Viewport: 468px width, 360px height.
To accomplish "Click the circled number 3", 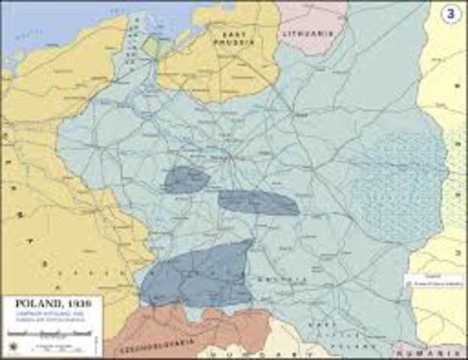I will point(450,15).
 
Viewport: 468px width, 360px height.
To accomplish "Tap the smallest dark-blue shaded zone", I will point(186,180).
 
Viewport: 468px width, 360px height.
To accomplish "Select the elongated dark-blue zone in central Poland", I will point(259,202).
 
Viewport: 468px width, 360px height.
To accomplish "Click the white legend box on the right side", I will point(433,282).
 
